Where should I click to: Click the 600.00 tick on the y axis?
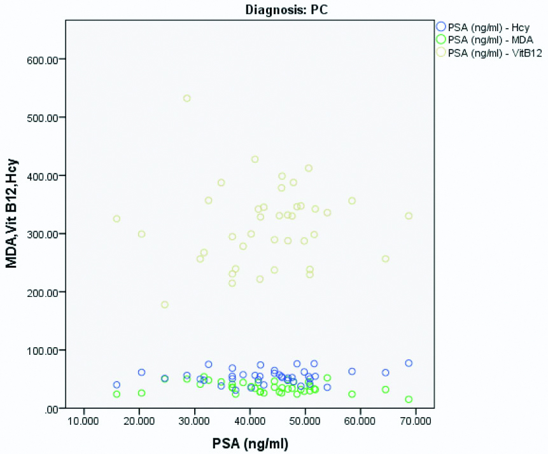43,59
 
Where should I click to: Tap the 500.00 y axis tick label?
43,118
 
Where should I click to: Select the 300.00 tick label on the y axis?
43,234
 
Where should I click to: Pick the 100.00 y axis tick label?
43,350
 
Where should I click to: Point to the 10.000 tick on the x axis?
84,421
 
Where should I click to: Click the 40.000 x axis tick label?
250,421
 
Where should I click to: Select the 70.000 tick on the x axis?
416,421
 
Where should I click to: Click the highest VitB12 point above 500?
187,98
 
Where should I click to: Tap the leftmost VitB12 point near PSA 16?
116,219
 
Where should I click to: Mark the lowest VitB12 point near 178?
165,305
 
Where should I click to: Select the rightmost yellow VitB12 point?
409,216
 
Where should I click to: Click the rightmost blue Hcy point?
409,363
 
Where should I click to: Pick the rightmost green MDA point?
409,399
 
